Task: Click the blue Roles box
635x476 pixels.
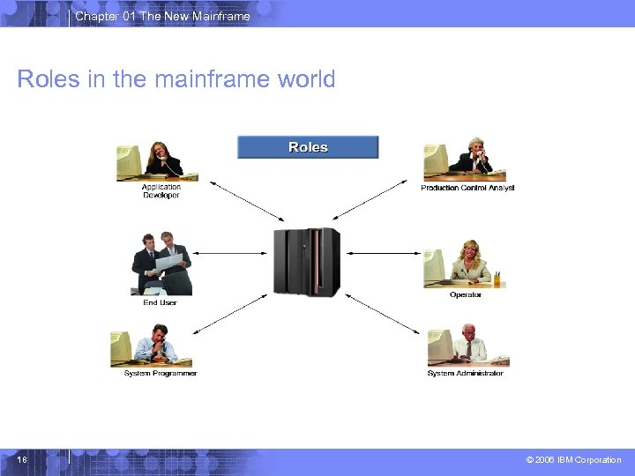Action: tap(308, 147)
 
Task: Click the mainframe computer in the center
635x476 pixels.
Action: tap(306, 261)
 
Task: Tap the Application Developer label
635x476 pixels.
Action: tap(161, 190)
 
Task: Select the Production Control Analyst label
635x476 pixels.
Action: tap(467, 188)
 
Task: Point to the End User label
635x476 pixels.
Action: tap(160, 302)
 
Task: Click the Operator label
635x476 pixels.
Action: tap(466, 295)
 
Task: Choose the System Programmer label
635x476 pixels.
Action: tap(161, 373)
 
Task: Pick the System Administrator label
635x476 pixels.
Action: tap(465, 373)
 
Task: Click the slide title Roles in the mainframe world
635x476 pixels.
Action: tap(176, 79)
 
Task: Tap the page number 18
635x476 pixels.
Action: tap(22, 460)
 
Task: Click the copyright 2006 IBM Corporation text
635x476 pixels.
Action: tap(573, 460)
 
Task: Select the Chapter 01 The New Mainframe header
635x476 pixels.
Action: tap(162, 16)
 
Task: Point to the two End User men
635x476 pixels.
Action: tap(162, 264)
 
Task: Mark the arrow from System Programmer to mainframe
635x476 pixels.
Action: tap(229, 314)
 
